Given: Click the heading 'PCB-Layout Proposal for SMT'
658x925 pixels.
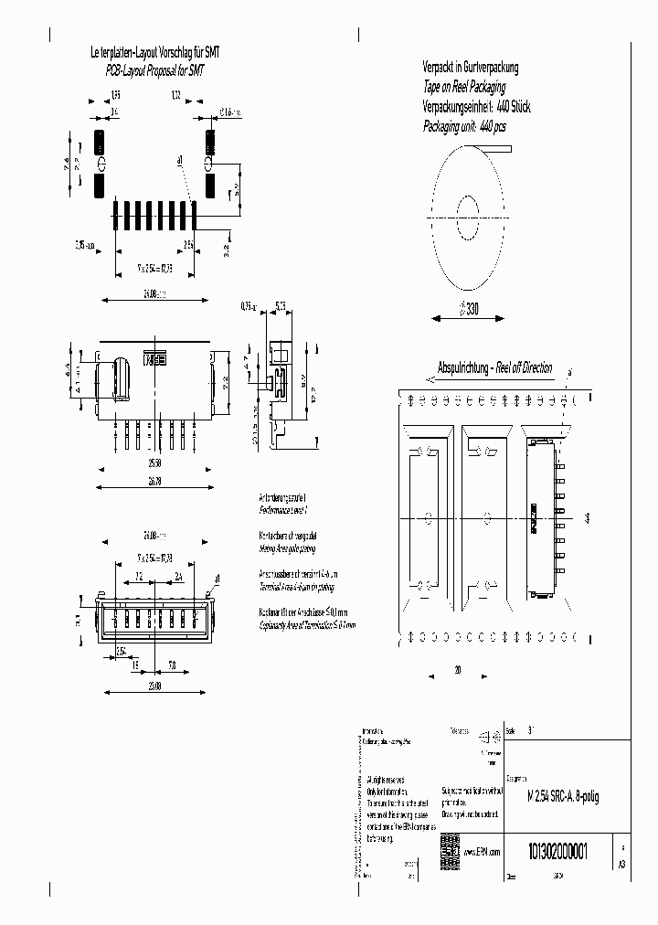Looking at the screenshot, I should click(158, 67).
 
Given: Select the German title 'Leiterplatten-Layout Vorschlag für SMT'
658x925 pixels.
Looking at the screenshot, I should click(154, 53).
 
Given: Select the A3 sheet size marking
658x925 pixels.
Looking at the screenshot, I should click(622, 862).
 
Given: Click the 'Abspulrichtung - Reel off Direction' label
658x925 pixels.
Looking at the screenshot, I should click(494, 368).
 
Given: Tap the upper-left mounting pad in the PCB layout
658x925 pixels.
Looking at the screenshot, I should click(100, 144).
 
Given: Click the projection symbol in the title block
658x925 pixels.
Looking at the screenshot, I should click(488, 734).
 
